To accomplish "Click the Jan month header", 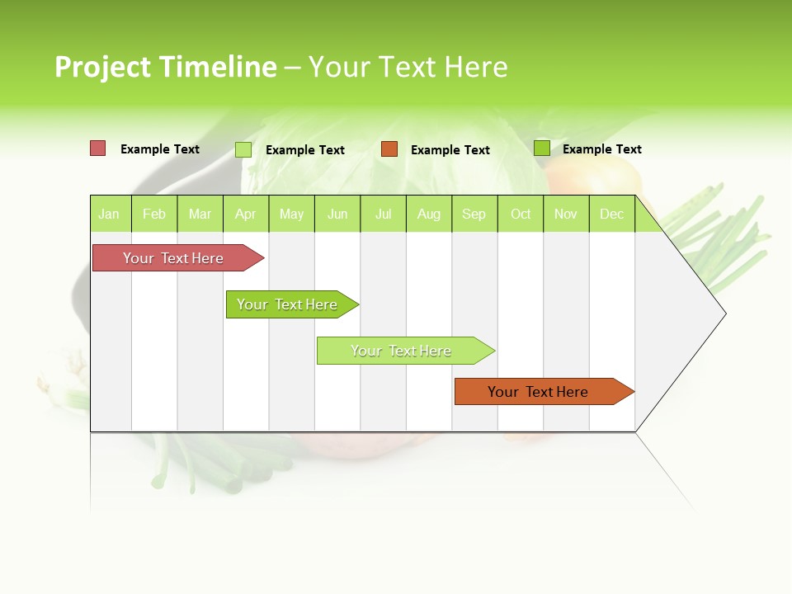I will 109,214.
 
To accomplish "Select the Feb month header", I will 154,214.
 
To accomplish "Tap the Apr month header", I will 245,214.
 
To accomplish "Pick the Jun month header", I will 337,214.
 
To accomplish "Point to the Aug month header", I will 428,214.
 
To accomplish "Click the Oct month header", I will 521,214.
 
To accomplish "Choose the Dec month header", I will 611,214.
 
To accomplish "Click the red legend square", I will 98,148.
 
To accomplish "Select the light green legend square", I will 243,149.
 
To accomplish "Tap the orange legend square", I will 389,149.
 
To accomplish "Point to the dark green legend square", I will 541,148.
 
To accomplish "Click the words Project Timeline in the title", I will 165,67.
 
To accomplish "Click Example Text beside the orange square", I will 450,150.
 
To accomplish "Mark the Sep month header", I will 474,214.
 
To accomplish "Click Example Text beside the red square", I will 160,149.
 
